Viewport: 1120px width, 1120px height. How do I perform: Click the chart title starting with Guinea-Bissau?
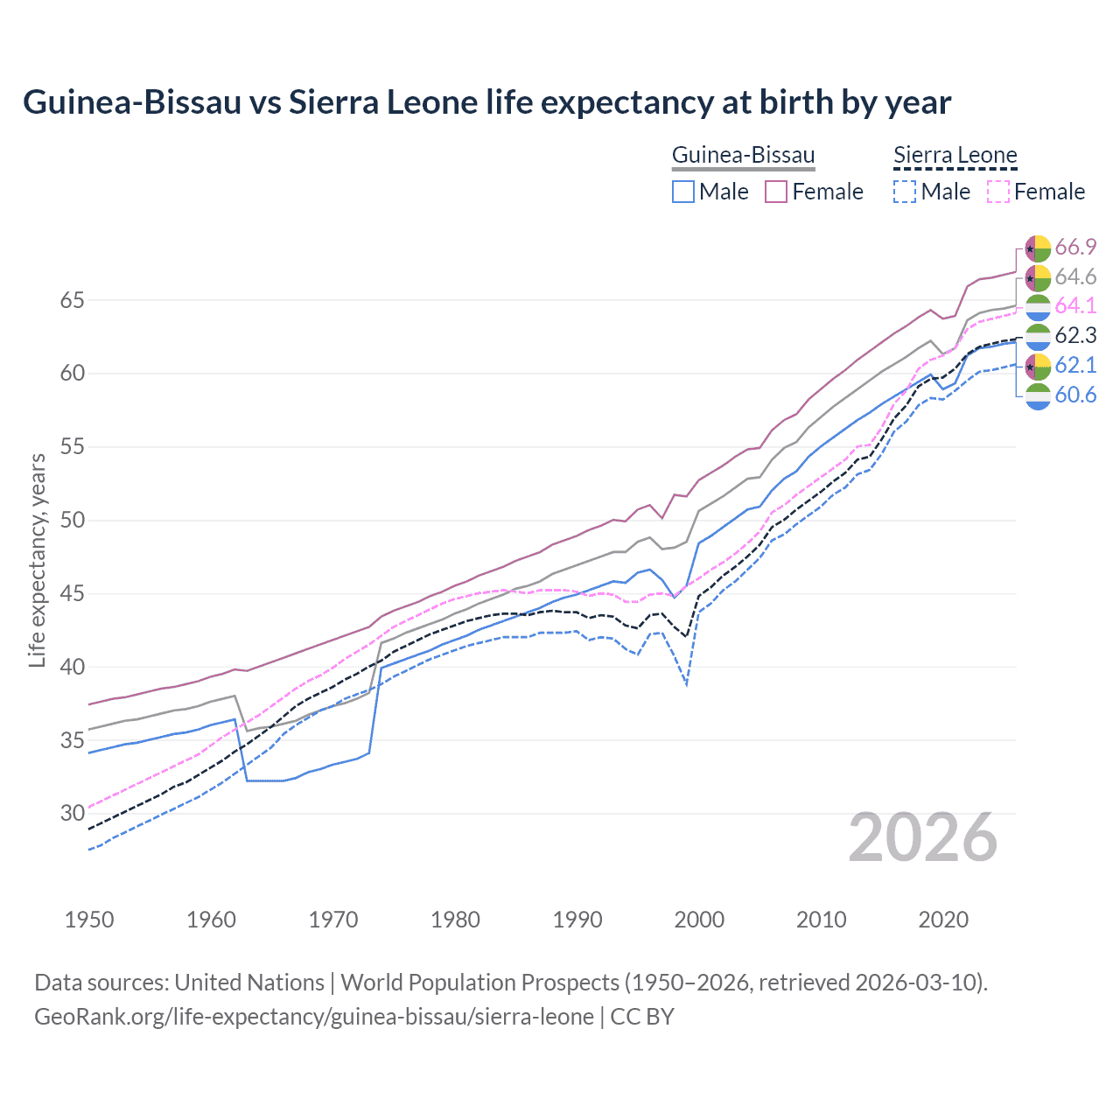[486, 102]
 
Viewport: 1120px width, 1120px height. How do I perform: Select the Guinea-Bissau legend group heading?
[743, 156]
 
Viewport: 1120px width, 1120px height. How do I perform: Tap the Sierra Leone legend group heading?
[955, 156]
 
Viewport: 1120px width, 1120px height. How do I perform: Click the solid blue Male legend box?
[683, 192]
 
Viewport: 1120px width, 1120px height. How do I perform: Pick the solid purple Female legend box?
[776, 192]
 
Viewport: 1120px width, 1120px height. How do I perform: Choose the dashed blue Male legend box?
[905, 192]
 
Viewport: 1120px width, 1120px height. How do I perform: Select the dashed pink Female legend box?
[998, 192]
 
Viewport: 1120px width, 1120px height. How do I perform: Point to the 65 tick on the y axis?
[72, 300]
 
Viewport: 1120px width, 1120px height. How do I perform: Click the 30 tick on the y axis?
[72, 814]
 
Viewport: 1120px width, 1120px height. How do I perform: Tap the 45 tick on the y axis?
[72, 594]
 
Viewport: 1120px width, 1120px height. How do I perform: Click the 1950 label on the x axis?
[89, 920]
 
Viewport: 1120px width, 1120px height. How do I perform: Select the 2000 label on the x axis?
[699, 920]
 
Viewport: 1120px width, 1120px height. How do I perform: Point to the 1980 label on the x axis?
[455, 920]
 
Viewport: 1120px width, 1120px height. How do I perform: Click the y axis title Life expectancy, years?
[37, 560]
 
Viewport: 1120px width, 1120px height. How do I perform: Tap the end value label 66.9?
[1075, 248]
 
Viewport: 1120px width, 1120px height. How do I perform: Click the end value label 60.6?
[1075, 395]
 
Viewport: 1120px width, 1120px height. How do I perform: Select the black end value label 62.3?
[1075, 336]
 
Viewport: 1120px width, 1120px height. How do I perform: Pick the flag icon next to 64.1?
[1038, 306]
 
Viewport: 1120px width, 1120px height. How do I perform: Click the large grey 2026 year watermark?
[923, 838]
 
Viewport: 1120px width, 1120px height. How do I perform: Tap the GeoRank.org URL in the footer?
[313, 1017]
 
